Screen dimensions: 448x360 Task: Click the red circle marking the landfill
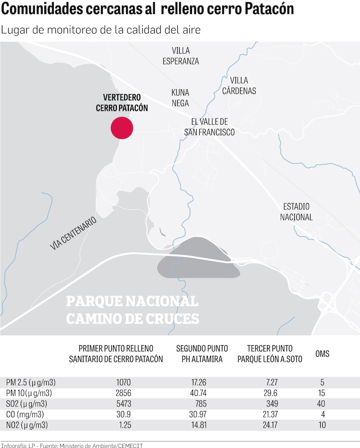tap(122, 128)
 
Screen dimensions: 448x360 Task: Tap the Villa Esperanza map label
tap(180, 56)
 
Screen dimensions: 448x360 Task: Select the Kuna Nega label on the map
tap(180, 98)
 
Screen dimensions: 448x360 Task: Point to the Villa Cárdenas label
tap(239, 85)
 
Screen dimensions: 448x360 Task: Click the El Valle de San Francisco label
tap(210, 127)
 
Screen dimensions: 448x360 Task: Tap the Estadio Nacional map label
tap(296, 212)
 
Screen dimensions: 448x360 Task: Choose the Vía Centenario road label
tap(73, 233)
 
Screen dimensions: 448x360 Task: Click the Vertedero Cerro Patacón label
tap(122, 103)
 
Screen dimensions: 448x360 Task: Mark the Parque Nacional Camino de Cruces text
tap(132, 310)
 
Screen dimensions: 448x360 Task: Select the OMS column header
tap(322, 354)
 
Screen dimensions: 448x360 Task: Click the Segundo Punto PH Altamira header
tap(199, 354)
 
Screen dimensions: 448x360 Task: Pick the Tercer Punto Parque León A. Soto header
tap(270, 354)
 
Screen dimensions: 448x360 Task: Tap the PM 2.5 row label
tap(31, 382)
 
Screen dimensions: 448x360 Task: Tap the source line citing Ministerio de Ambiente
tap(72, 445)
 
